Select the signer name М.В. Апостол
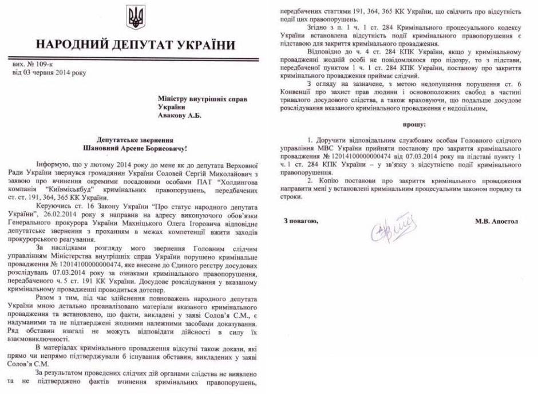496,220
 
